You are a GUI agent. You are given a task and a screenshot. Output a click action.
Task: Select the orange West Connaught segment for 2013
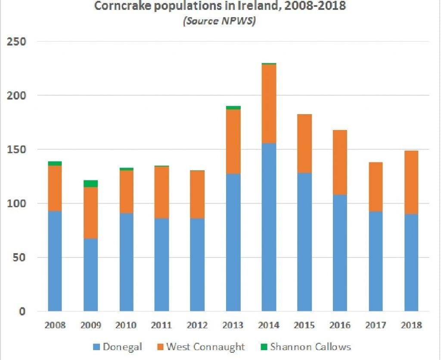233,142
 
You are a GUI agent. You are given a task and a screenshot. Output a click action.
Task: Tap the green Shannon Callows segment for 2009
90,184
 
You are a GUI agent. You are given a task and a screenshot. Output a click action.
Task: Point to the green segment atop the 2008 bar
55,163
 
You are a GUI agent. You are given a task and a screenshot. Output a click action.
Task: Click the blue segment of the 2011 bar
162,264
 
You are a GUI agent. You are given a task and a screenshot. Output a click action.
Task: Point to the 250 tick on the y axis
17,42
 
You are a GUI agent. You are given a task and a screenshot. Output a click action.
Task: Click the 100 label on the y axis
17,203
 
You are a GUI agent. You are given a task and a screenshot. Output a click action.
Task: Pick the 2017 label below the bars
375,325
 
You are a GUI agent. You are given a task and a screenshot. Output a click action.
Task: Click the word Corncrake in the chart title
123,6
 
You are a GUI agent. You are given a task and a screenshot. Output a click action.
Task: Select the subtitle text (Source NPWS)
219,21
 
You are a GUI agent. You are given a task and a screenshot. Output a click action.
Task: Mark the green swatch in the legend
263,347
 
